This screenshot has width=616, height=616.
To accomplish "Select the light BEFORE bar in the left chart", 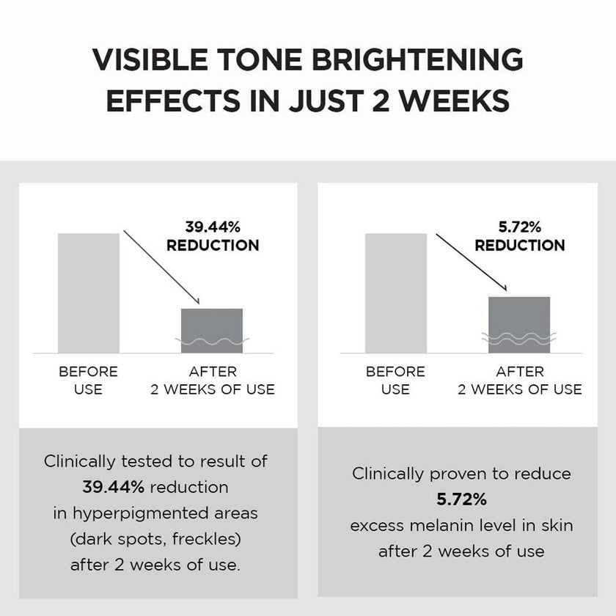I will coord(88,293).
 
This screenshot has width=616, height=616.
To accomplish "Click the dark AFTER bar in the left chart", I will coord(212,330).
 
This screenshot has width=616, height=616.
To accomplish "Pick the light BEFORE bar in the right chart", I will coord(395,293).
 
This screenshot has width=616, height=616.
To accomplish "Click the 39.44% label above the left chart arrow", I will coord(213,227).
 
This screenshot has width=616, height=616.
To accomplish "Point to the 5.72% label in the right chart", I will coord(520,227).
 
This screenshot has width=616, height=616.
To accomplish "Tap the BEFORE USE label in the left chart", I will coord(88,381).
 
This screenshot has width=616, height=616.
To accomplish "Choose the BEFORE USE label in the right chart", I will coord(395,381).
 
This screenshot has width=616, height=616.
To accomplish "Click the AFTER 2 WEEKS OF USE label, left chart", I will coord(213,381).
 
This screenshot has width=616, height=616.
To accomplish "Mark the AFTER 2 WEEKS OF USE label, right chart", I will coord(520,381).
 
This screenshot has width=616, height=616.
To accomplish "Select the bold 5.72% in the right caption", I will coord(461,499).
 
